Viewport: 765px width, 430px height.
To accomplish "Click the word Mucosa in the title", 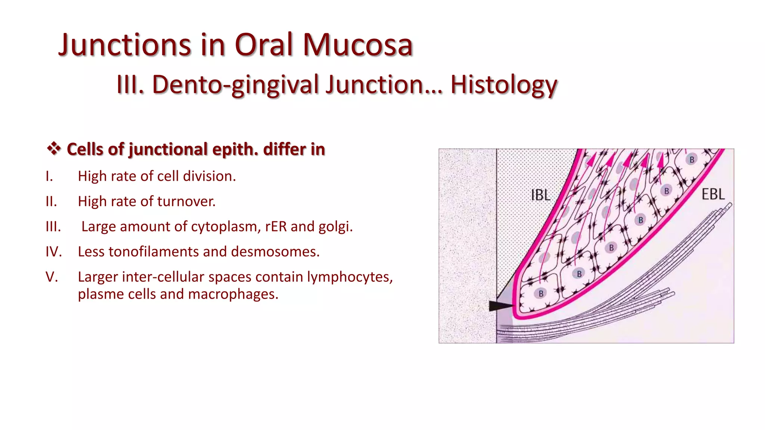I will tap(357, 45).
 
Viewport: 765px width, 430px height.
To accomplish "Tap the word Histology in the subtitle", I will tap(504, 85).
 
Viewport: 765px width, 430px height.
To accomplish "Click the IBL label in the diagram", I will tap(541, 195).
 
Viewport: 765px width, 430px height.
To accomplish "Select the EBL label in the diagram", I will tap(713, 194).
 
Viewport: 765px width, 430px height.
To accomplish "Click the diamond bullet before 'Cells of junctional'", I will tap(54, 149).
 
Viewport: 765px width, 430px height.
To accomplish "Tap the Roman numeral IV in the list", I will tap(53, 252).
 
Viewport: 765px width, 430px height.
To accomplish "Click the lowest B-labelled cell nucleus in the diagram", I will tap(541, 294).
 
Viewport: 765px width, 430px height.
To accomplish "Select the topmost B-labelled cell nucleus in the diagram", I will tap(692, 160).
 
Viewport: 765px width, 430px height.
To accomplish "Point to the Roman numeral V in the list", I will tap(52, 277).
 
